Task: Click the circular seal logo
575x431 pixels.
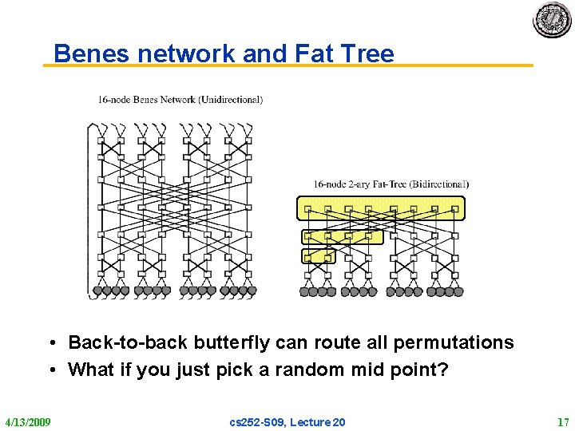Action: [552, 19]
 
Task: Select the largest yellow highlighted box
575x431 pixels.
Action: [380, 208]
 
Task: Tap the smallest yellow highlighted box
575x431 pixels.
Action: [318, 255]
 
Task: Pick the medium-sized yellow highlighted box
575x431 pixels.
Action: [342, 236]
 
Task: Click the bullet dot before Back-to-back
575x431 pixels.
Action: [50, 343]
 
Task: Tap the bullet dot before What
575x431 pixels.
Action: [50, 370]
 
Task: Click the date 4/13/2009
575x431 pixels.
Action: [28, 421]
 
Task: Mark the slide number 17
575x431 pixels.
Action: [562, 421]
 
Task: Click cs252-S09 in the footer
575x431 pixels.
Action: [255, 421]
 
